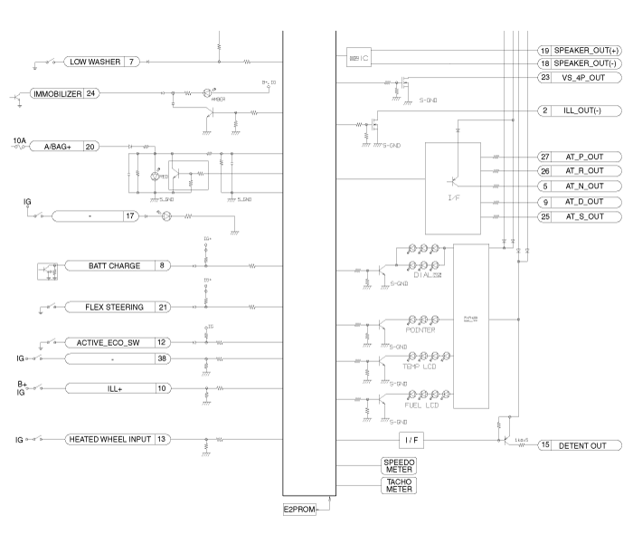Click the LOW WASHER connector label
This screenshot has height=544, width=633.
[x=93, y=62]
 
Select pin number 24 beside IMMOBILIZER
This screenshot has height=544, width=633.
[x=91, y=93]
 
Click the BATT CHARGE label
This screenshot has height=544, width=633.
[x=114, y=266]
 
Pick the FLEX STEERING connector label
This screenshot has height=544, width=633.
[x=114, y=308]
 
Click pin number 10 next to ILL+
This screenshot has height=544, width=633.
[x=161, y=388]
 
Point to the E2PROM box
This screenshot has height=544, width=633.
[x=299, y=510]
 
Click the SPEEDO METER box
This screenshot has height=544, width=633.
[x=398, y=466]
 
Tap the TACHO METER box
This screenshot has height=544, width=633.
[x=398, y=486]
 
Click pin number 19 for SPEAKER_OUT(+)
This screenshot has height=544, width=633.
[x=544, y=51]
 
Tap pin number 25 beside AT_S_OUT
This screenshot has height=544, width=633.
[x=544, y=217]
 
